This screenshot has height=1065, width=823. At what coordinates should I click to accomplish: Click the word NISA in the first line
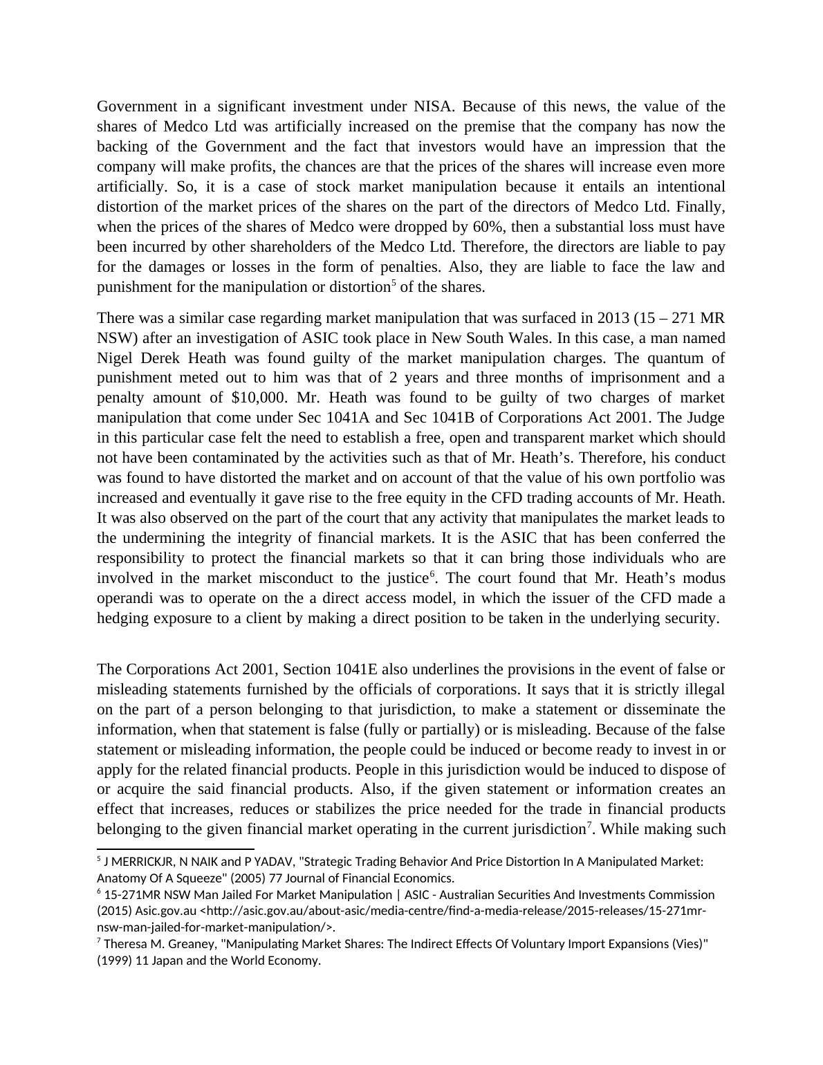tap(433, 106)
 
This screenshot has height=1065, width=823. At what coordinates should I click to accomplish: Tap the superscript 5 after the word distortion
tap(394, 283)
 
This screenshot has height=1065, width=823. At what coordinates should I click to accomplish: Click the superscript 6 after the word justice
tap(432, 574)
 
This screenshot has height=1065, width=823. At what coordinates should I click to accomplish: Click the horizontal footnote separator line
tap(176, 849)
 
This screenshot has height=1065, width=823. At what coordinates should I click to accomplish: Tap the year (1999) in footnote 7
tap(113, 961)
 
